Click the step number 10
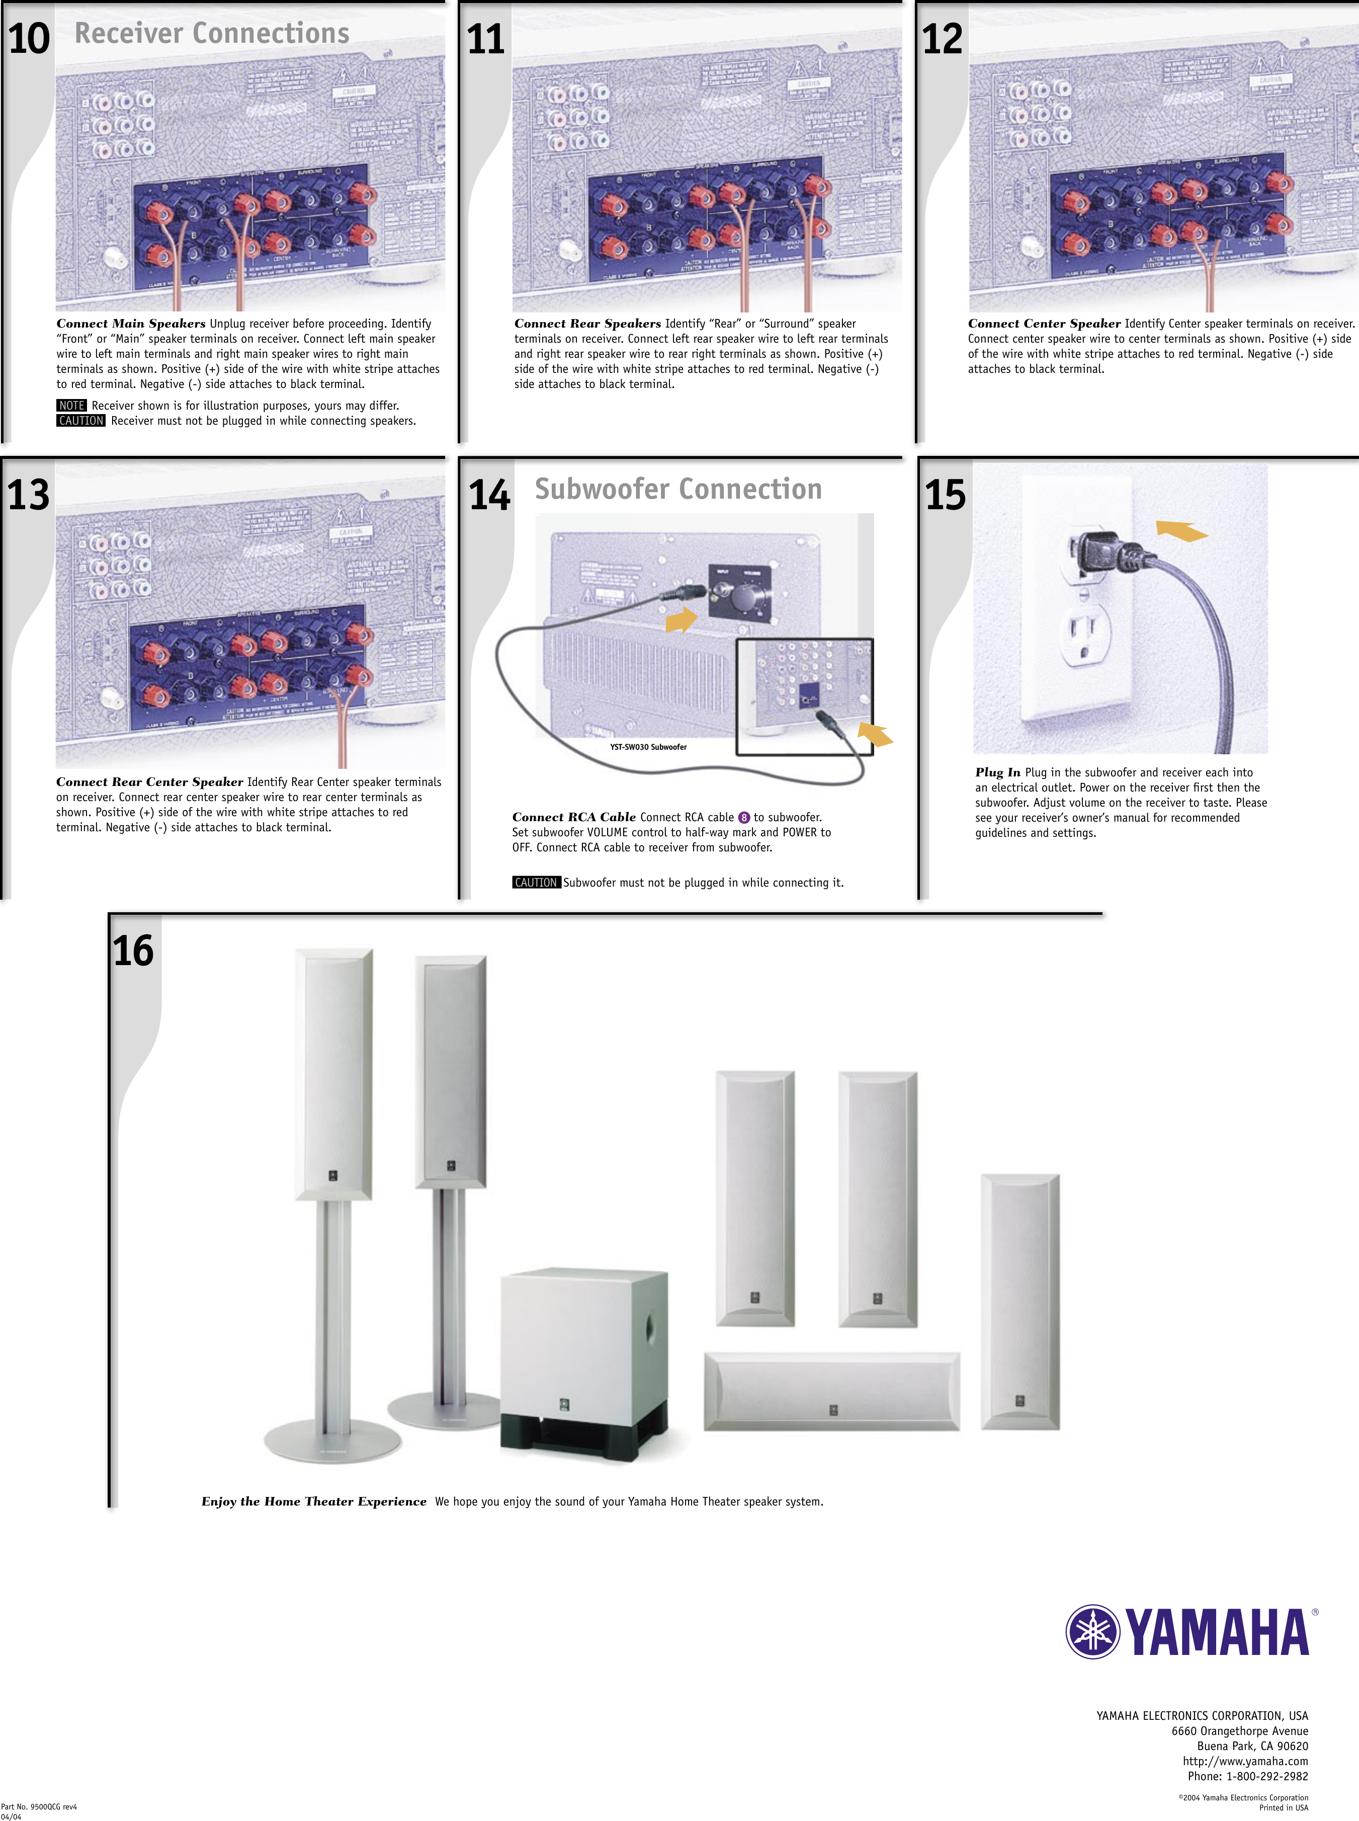pyautogui.click(x=28, y=39)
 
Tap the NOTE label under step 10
pyautogui.click(x=71, y=406)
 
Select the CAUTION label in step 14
pyautogui.click(x=536, y=882)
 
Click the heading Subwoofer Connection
pyautogui.click(x=678, y=489)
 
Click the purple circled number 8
pyautogui.click(x=744, y=817)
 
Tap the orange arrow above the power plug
pyautogui.click(x=1181, y=531)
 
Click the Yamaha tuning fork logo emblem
pyautogui.click(x=1092, y=1631)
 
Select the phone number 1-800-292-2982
pyautogui.click(x=1267, y=1776)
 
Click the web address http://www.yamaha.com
pyautogui.click(x=1245, y=1761)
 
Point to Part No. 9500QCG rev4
pyautogui.click(x=39, y=1807)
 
